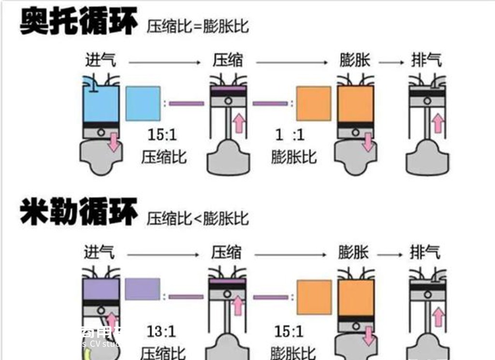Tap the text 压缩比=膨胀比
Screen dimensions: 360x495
pos(198,26)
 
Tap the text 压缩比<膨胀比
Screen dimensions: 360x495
pos(198,218)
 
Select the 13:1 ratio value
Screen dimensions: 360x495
pos(161,332)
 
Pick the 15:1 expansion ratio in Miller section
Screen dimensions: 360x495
pos(289,332)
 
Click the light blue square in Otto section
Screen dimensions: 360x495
pos(143,104)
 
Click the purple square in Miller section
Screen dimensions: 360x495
pos(142,289)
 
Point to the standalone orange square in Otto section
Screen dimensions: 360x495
pos(313,104)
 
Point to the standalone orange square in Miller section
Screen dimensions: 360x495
pos(314,297)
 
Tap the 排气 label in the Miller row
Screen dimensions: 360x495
pos(425,252)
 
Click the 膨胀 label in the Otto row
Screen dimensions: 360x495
pos(355,60)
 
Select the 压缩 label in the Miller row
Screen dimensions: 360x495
pos(227,252)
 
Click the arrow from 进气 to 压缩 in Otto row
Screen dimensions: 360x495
pos(164,62)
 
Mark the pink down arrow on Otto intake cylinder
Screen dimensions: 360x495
pos(114,142)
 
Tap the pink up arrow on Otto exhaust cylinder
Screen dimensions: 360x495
pos(437,123)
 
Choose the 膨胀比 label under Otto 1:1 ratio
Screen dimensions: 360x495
pos(293,157)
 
